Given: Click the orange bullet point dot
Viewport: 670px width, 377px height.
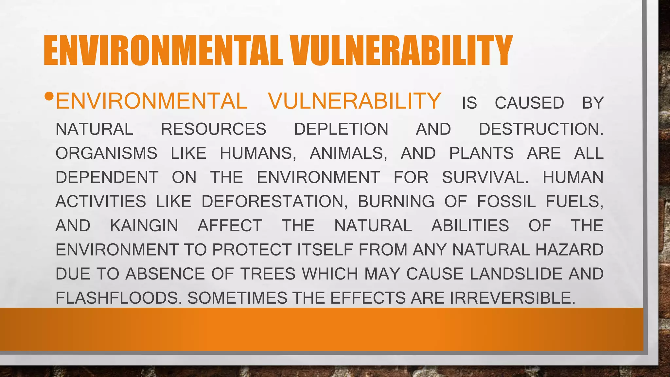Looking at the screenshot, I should coord(49,97).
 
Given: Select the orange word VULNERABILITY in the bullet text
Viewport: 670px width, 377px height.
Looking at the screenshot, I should coord(355,101).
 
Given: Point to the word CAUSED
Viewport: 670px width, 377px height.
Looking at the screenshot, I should coord(529,103).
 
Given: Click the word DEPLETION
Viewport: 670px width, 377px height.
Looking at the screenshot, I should coord(341,129).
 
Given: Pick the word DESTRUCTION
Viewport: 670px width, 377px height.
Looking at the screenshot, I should coord(540,129).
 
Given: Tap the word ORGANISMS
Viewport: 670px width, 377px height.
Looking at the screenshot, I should coord(106,153).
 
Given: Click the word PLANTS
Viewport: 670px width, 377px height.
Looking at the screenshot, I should coord(481,153).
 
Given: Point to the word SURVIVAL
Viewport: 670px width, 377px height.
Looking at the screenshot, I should coord(485,177).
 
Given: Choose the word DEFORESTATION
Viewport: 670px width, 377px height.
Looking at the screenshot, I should coord(274,201).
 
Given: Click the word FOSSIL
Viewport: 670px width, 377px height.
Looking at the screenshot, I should coord(506,201).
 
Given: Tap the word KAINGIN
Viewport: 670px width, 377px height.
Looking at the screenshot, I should coord(144,225).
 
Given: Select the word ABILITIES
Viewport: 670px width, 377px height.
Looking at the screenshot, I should coord(470,225).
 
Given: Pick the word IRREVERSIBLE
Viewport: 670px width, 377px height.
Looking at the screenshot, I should coord(512,298).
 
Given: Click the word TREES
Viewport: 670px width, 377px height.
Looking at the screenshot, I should coord(268,274).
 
